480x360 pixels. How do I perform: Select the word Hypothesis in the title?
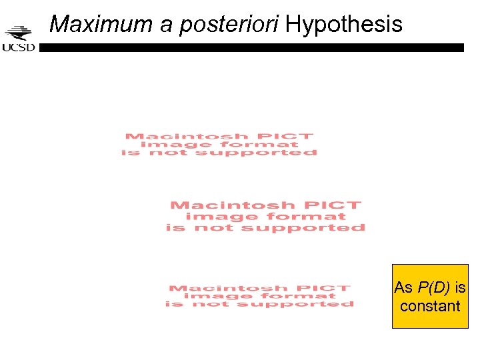pos(344,25)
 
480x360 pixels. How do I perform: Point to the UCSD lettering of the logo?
pos(19,47)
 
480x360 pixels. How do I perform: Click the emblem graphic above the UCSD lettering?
pos(19,33)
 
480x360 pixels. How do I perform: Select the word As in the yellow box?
pos(403,288)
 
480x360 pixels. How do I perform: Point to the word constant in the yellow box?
pos(430,306)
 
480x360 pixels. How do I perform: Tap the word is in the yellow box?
pos(460,288)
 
